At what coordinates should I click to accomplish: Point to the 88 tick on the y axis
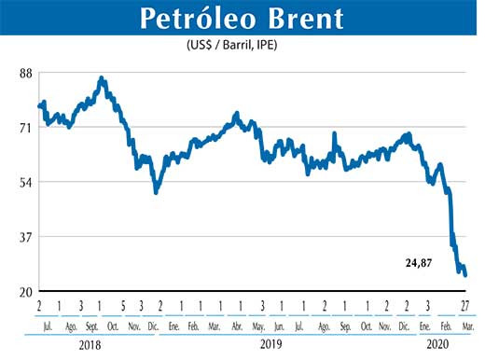coord(24,73)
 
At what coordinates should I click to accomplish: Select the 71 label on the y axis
coord(24,128)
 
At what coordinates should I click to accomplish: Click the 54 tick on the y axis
coord(24,182)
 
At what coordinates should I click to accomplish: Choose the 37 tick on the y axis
coord(24,237)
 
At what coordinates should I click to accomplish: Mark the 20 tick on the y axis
coord(24,291)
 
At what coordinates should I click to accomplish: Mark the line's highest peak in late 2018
coord(102,78)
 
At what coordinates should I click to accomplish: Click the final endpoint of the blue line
coord(465,274)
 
